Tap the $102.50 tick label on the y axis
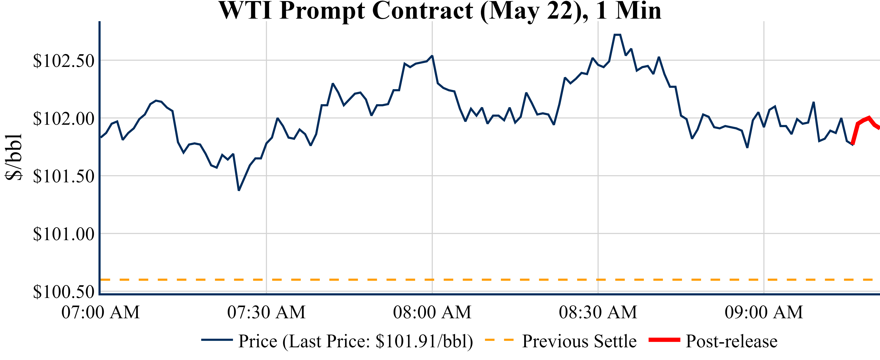click(64, 61)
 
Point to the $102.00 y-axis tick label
click(64, 119)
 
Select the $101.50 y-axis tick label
click(64, 176)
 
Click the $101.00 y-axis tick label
click(64, 234)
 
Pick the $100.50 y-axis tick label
click(64, 291)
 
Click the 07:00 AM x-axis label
click(100, 312)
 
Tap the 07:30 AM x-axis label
click(266, 312)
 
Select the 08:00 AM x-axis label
click(432, 312)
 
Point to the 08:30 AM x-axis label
click(598, 312)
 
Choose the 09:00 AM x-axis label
click(764, 312)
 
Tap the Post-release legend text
click(731, 341)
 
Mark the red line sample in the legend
click(664, 339)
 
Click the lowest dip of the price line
click(239, 190)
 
